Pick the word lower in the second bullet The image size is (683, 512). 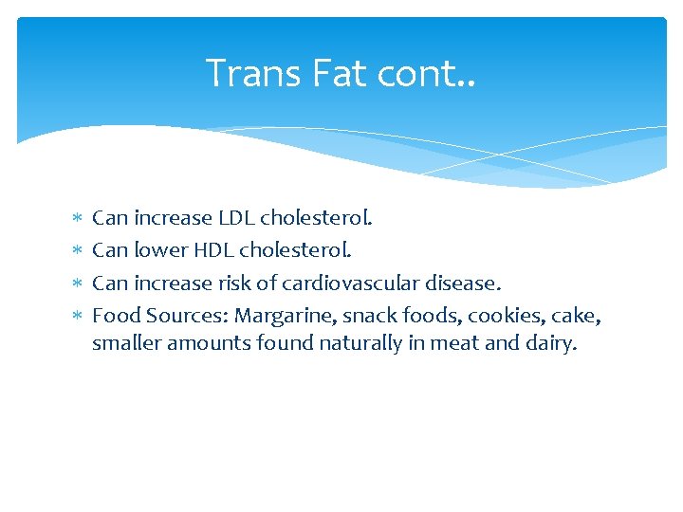[x=160, y=250]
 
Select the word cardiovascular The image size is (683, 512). [x=362, y=283]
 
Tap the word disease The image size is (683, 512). [x=465, y=283]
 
